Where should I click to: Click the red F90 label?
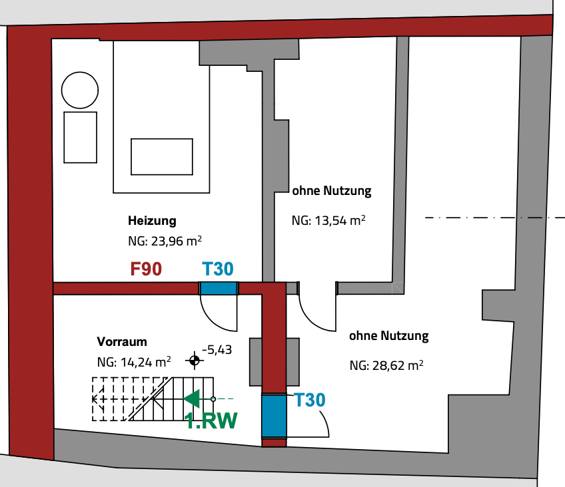tap(145, 269)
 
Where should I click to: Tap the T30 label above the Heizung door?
tap(218, 269)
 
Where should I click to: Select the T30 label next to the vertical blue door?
tap(310, 401)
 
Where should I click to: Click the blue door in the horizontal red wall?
tap(219, 288)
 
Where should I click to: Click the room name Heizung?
tap(152, 220)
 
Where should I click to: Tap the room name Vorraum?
tap(122, 342)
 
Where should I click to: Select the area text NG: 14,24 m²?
tap(134, 363)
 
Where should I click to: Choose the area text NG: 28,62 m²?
tap(387, 365)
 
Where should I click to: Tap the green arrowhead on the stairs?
tap(191, 399)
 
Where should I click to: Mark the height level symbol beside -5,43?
tap(195, 361)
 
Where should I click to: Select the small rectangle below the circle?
tap(80, 137)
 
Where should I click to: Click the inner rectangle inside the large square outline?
tap(162, 157)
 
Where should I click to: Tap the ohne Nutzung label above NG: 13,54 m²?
tap(331, 192)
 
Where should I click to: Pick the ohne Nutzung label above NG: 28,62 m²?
tap(388, 336)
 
